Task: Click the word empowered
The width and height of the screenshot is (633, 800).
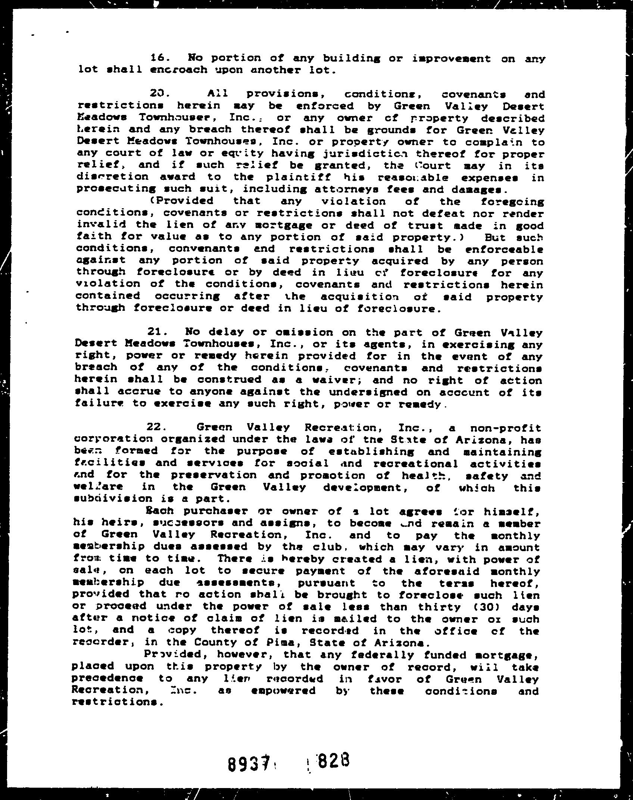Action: tap(283, 691)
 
